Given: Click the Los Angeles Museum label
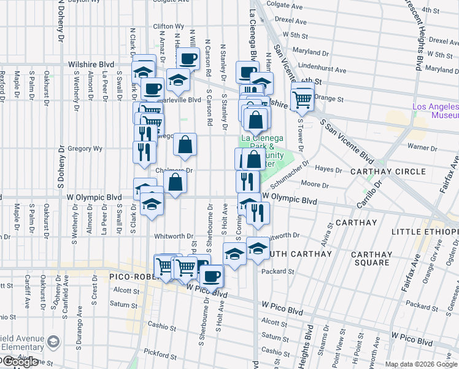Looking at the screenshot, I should point(435,111).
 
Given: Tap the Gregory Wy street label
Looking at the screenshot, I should point(85,148).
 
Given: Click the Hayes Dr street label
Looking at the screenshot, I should point(328,169).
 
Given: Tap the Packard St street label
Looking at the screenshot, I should point(278,271).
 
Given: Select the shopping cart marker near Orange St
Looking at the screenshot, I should point(303,100).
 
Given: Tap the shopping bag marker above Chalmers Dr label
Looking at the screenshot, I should point(185,145).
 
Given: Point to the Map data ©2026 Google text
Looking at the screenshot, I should point(421,364).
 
